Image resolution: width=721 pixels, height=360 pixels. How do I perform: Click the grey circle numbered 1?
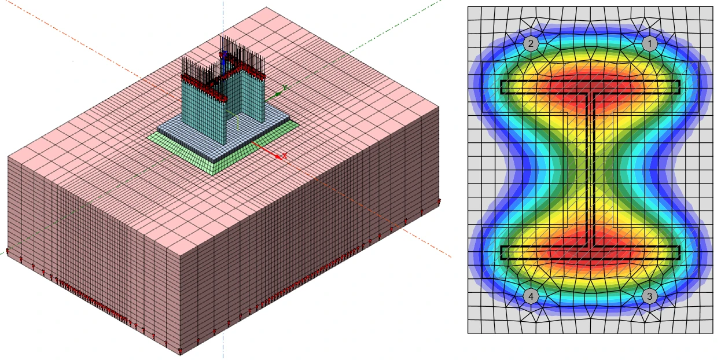[x=650, y=43]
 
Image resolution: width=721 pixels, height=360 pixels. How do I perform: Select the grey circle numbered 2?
[x=531, y=43]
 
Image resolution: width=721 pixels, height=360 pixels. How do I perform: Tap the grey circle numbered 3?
[x=650, y=296]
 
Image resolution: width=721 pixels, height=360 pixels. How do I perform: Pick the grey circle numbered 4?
[x=531, y=296]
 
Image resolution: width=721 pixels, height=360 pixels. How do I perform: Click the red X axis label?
[x=285, y=156]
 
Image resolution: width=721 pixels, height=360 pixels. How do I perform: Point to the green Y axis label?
[x=285, y=87]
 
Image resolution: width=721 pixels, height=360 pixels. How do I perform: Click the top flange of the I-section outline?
[x=590, y=87]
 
